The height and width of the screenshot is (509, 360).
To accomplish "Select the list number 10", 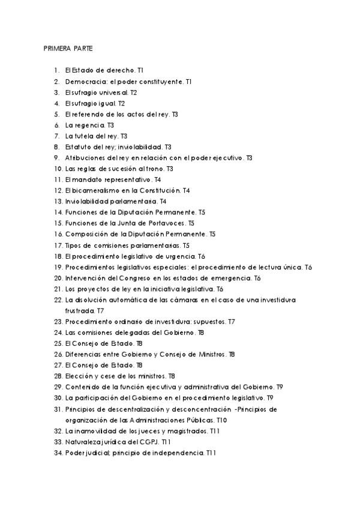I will tap(58, 169).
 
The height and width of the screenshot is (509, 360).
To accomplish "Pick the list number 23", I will tap(58, 322).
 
